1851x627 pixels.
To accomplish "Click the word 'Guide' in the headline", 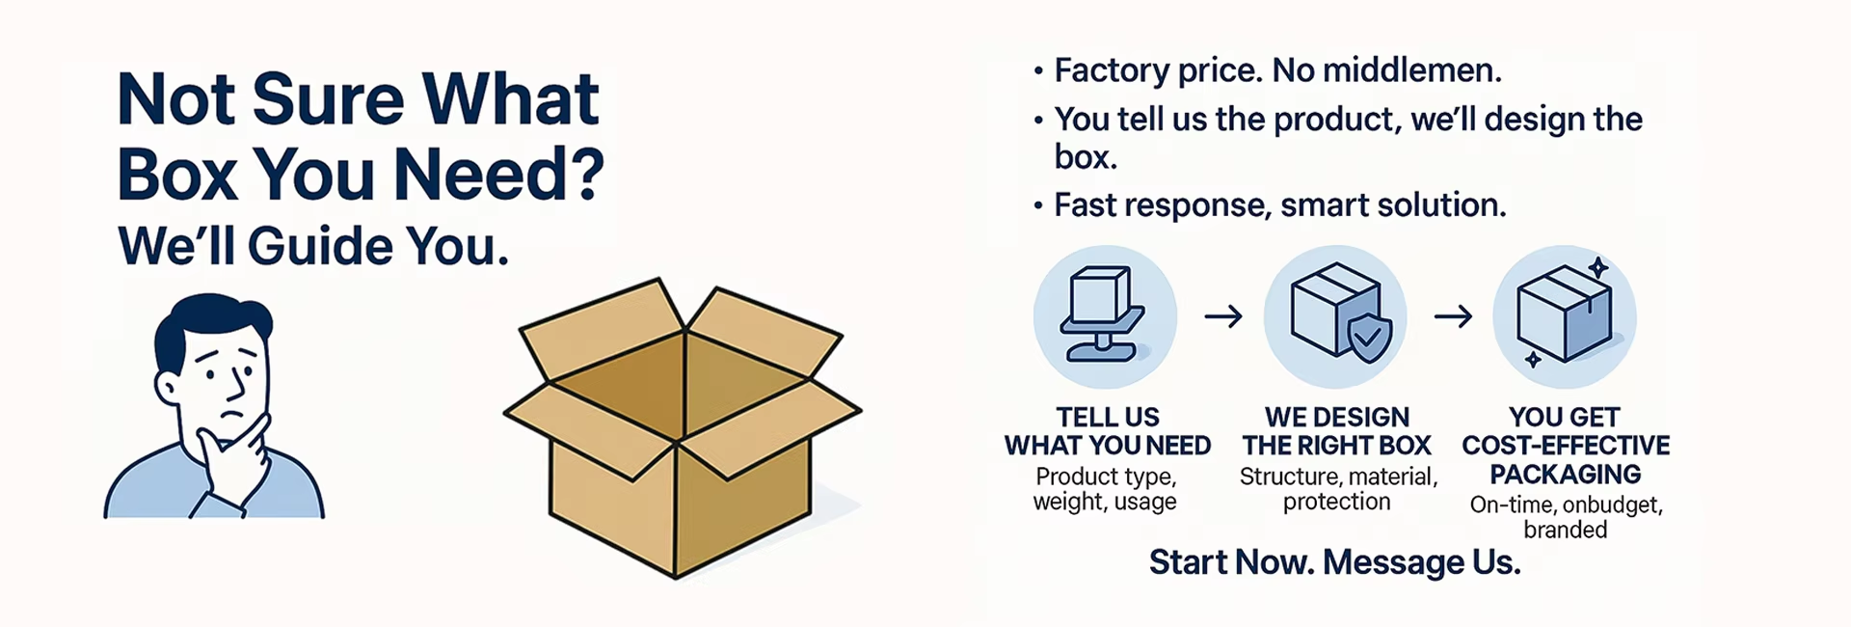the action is click(x=320, y=246).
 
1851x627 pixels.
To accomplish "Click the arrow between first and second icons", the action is click(x=1223, y=316).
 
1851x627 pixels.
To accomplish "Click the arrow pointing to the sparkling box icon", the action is click(x=1453, y=316).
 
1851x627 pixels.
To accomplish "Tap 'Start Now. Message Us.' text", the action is click(x=1334, y=562).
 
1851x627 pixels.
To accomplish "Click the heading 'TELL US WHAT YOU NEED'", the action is click(x=1108, y=431).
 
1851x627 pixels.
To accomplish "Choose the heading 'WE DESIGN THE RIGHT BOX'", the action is click(x=1337, y=431).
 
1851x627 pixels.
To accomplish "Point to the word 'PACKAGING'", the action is click(x=1566, y=475).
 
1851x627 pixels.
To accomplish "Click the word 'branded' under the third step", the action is click(x=1566, y=530).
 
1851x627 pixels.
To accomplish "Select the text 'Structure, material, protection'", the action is click(x=1338, y=489).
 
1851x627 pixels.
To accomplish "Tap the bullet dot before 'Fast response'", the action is click(x=1038, y=206).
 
